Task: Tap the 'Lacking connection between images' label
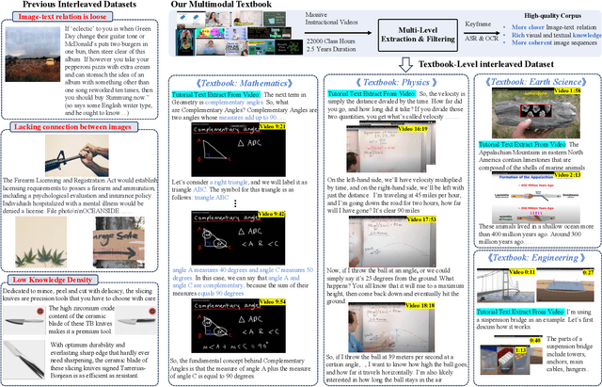pos(61,127)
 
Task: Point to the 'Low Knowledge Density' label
pos(48,279)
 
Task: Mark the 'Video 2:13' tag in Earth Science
pos(578,175)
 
